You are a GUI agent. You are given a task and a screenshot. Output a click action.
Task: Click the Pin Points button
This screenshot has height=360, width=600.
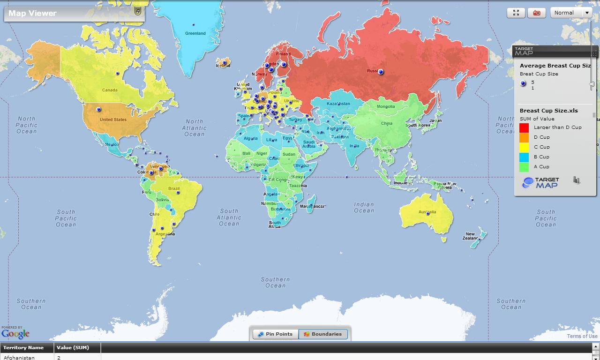pos(275,334)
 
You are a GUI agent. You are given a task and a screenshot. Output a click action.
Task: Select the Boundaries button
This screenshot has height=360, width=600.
pos(323,334)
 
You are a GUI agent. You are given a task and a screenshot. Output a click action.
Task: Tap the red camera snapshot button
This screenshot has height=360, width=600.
pos(537,13)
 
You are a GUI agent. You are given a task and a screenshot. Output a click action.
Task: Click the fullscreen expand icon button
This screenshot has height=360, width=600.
pos(516,13)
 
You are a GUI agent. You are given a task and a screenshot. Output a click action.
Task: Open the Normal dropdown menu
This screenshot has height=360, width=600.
pos(571,13)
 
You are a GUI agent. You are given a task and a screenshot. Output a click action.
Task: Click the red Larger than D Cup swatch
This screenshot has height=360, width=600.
pos(524,127)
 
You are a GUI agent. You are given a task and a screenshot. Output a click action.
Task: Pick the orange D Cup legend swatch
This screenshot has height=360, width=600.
pos(524,137)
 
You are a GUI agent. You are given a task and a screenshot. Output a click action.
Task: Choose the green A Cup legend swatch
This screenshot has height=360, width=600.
pos(524,167)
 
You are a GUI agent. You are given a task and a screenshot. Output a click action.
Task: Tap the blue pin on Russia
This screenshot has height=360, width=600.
pos(381,72)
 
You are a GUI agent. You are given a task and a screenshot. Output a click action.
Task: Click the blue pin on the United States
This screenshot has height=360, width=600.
pos(98,109)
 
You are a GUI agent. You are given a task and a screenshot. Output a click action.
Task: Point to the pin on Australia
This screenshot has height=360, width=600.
pos(427,213)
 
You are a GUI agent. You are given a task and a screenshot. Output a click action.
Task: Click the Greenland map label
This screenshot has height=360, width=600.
pos(195,33)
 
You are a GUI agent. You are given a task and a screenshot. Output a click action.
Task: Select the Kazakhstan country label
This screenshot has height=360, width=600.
pos(338,104)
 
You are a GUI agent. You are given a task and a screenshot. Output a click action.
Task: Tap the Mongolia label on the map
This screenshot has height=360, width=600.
pos(386,106)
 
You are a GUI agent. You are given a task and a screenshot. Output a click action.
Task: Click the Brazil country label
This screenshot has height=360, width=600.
pos(174,189)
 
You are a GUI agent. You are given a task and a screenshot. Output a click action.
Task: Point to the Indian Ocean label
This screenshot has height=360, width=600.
pos(364,208)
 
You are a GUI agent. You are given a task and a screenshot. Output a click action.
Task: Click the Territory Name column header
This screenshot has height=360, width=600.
pos(23,348)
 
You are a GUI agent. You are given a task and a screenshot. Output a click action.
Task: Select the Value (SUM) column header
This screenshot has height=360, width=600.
pos(73,348)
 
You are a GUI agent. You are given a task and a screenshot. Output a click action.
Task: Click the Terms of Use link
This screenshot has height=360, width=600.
pos(582,336)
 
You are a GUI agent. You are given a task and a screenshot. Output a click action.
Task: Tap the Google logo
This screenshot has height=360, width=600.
pos(15,334)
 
